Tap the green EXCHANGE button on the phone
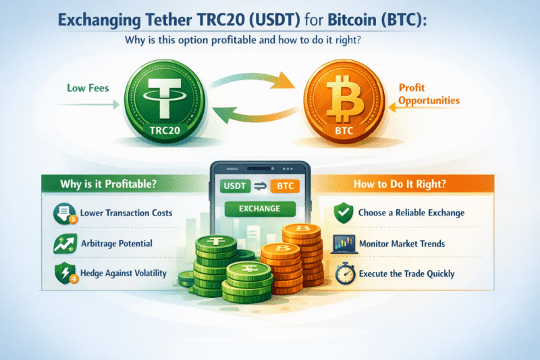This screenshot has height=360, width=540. (x=259, y=208)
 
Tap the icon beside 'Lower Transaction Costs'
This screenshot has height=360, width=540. (x=63, y=214)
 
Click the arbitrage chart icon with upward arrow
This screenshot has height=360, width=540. (x=63, y=244)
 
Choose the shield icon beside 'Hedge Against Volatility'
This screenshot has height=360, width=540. (x=63, y=274)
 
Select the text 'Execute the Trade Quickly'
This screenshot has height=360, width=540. (x=407, y=274)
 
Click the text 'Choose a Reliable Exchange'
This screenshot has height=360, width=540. (x=411, y=213)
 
